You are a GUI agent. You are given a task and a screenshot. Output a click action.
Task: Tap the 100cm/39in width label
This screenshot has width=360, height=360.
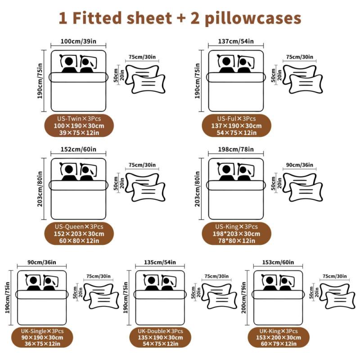[x=78, y=41]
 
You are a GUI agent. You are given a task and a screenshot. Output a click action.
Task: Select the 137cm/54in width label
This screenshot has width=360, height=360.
[x=235, y=41]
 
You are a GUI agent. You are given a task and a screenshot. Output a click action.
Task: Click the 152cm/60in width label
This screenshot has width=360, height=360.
[x=78, y=150]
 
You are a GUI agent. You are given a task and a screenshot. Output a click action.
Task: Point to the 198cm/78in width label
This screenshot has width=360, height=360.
[x=235, y=150]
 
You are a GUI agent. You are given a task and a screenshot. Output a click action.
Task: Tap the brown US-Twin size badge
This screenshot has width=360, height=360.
[x=79, y=126]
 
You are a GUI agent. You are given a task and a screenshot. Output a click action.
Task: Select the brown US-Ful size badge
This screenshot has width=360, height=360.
[x=236, y=126]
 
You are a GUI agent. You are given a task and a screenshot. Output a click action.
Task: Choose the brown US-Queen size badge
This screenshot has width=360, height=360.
[x=79, y=234]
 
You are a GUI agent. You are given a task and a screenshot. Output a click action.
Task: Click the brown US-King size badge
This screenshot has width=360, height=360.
[x=236, y=234]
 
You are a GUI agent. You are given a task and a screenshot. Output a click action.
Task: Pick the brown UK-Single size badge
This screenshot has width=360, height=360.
[x=42, y=337]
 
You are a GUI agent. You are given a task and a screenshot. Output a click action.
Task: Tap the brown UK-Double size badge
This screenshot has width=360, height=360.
[x=160, y=337]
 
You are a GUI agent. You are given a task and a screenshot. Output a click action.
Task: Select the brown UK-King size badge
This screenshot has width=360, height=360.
[x=278, y=337]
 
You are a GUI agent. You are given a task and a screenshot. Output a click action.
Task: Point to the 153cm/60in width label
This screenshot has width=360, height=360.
[x=278, y=262]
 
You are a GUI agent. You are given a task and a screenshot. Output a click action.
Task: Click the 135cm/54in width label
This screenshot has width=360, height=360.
[x=160, y=262]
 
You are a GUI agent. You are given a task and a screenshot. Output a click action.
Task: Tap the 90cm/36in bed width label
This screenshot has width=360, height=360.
[x=42, y=262]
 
